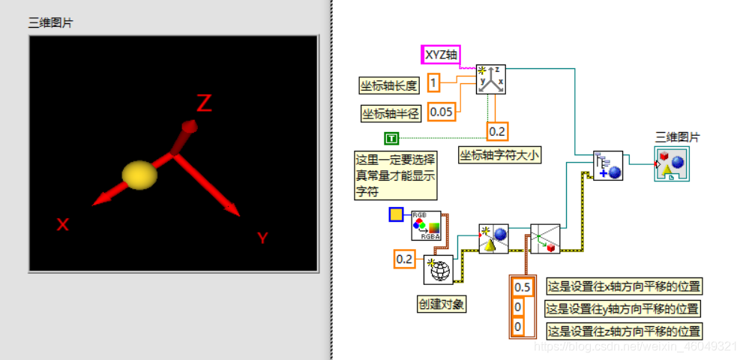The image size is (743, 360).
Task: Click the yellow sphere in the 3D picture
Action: click(139, 175)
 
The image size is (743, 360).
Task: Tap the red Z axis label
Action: click(204, 103)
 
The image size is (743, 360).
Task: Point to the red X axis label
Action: click(63, 223)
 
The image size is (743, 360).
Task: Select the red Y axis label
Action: click(262, 238)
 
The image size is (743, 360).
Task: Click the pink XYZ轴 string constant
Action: click(441, 55)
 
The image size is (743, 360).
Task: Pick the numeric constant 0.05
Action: click(442, 112)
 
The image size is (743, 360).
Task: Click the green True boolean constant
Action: click(391, 138)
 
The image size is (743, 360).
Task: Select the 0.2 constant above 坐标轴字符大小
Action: click(496, 132)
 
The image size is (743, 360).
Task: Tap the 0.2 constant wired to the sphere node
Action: click(404, 259)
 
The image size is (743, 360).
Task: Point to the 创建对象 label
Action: click(442, 304)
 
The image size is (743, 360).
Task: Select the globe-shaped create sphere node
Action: click(438, 268)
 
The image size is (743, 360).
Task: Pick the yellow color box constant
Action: click(396, 215)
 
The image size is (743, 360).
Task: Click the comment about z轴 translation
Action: click(624, 331)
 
